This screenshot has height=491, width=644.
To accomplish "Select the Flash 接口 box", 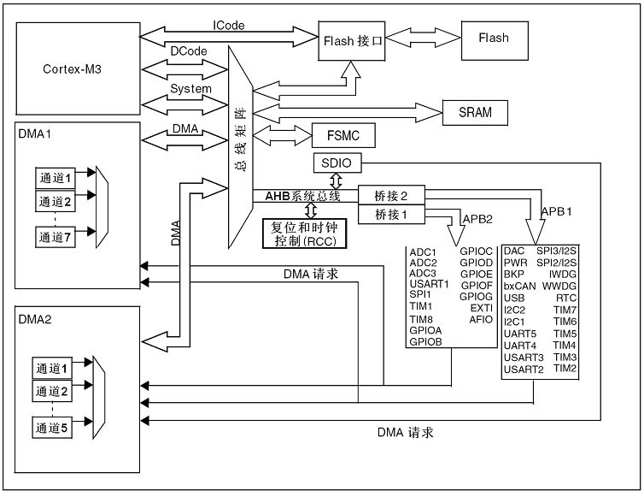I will (353, 39).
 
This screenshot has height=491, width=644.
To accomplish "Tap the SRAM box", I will (473, 112).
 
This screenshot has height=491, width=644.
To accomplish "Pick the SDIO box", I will (337, 163).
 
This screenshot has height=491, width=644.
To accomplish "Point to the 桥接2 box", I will (392, 195).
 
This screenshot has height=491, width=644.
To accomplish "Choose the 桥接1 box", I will (392, 214).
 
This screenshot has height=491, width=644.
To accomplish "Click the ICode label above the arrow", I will (229, 26).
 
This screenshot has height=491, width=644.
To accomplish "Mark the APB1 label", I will (557, 209).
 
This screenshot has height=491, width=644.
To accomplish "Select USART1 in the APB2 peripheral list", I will (429, 283).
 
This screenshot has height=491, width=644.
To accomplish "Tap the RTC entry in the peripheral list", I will (566, 297).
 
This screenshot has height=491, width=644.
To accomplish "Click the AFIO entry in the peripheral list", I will (481, 319).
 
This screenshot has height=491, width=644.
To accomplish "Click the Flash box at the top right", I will (494, 38).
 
